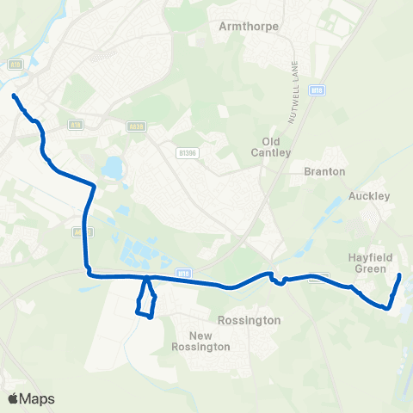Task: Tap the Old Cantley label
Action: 276,146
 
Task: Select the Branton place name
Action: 325,171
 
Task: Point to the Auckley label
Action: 370,196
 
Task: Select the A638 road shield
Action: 135,124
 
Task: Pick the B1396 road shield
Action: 188,153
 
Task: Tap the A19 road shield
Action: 15,64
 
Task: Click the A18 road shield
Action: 75,124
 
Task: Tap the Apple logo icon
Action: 13,398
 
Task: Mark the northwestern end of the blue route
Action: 15,96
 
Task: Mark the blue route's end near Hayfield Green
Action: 399,275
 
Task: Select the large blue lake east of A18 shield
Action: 112,167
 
